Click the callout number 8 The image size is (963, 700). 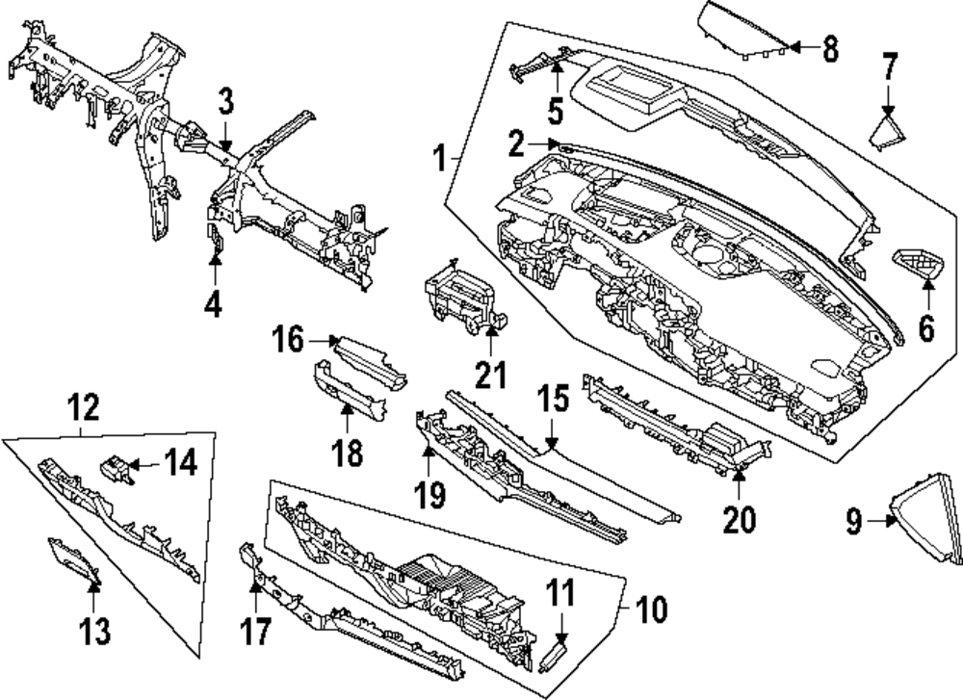click(830, 47)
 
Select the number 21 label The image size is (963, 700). click(491, 373)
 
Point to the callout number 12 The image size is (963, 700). click(85, 409)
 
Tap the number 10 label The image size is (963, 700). click(652, 609)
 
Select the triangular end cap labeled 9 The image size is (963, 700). click(928, 516)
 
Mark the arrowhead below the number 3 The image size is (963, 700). click(225, 144)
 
